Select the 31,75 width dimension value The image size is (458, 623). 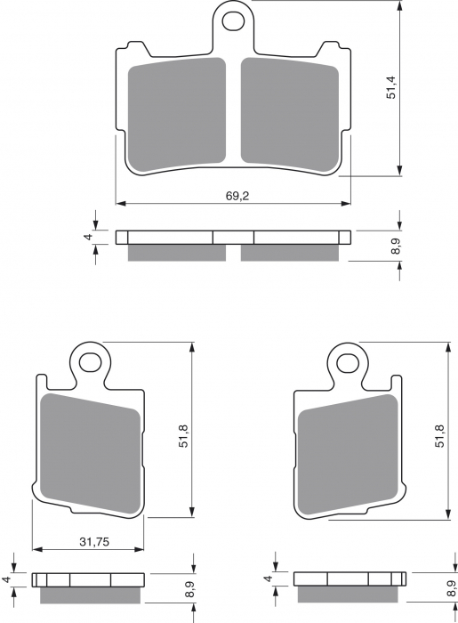click(x=94, y=541)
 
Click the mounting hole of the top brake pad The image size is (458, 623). click(x=232, y=20)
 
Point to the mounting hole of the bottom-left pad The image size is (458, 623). click(x=90, y=361)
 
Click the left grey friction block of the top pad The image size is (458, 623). click(x=177, y=115)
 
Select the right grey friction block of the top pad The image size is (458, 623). click(x=290, y=115)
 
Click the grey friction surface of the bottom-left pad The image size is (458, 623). click(x=91, y=452)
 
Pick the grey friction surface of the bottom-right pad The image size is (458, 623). click(x=348, y=452)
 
